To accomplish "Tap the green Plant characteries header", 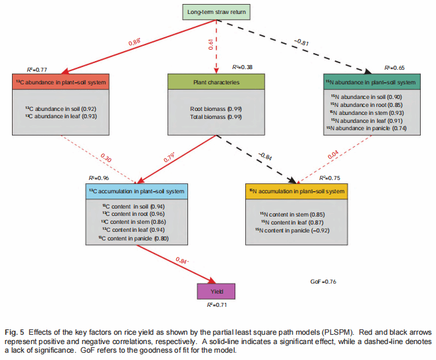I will [x=217, y=83].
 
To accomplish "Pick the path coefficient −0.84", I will [x=266, y=157].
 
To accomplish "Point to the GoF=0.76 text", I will [x=324, y=282].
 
